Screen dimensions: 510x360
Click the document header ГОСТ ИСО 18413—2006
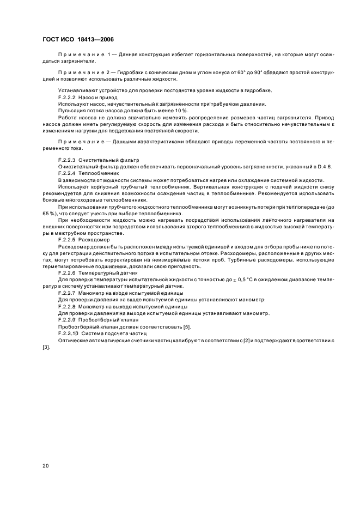(77, 39)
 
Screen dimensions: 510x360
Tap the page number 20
(46, 466)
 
